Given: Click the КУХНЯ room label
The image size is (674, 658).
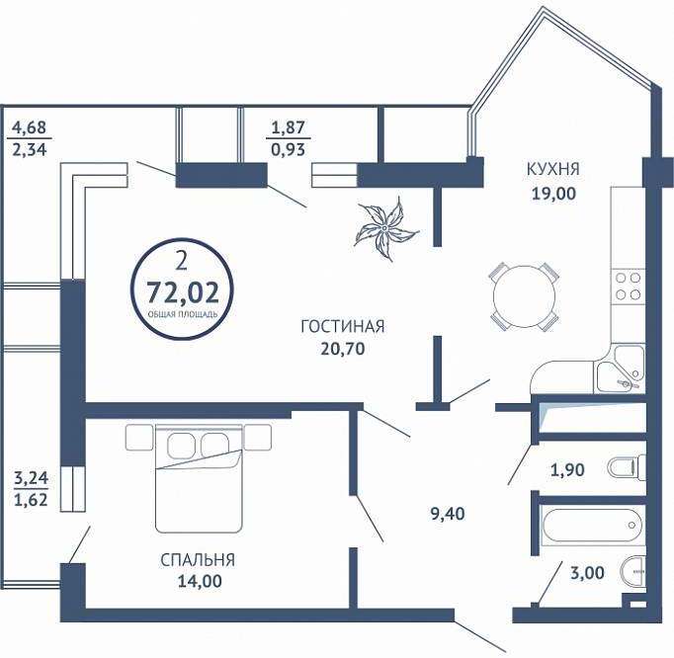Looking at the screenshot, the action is [x=552, y=169].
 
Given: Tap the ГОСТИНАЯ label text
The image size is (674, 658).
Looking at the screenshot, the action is [x=343, y=327].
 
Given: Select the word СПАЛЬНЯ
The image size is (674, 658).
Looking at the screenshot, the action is [x=198, y=560].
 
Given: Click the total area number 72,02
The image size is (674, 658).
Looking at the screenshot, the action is [x=183, y=292].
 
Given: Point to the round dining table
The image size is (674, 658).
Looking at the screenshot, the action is [x=524, y=296].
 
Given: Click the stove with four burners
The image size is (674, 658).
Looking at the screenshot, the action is [x=628, y=287].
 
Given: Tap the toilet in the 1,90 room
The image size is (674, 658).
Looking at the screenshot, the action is [x=628, y=467].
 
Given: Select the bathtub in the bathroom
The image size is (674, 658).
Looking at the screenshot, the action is [x=592, y=526].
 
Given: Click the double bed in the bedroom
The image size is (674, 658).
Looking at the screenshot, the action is [x=199, y=478].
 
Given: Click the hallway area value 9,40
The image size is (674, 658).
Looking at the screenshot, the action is [x=448, y=514].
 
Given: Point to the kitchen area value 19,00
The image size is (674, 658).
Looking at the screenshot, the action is [x=553, y=194].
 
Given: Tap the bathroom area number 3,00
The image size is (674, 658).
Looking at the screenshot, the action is [x=587, y=573].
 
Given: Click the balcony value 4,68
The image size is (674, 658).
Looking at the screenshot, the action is [x=29, y=127].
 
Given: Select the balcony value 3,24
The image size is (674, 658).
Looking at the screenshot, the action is [x=31, y=478].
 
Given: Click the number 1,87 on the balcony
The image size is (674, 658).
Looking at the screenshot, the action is [x=288, y=127].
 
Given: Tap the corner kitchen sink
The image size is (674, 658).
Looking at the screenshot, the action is [x=619, y=369].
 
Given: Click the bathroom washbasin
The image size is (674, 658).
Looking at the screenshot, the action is [x=633, y=572].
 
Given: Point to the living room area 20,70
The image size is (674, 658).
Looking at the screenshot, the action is [x=343, y=349].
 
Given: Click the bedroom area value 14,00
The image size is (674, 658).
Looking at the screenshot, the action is [x=200, y=581].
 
